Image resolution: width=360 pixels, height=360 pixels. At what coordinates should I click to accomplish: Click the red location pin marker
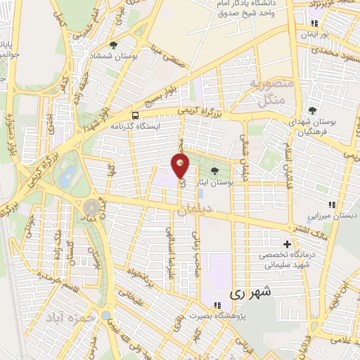[181, 167]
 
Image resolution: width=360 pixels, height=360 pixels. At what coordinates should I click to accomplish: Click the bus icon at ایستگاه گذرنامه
[134, 115]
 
